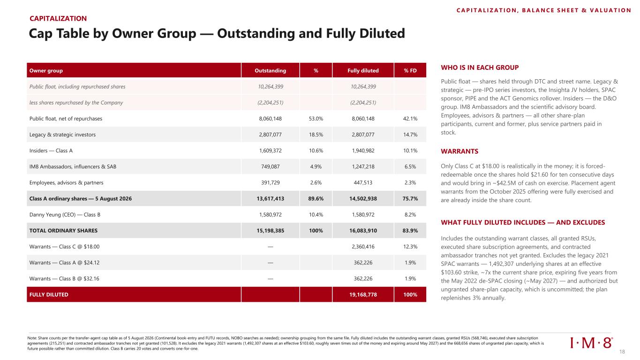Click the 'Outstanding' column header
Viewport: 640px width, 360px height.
click(x=270, y=71)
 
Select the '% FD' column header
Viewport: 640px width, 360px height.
click(x=410, y=71)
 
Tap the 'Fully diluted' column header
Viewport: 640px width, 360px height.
click(x=363, y=71)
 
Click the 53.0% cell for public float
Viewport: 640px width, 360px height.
click(x=316, y=119)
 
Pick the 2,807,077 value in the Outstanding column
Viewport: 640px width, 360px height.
click(x=270, y=135)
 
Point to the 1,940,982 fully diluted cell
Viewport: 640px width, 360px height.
click(x=363, y=150)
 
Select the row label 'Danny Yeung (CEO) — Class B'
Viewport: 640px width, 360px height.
click(x=65, y=215)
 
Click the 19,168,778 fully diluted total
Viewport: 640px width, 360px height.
click(x=363, y=294)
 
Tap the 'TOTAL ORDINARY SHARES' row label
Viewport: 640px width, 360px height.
click(x=63, y=231)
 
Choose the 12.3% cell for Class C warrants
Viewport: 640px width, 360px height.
click(x=410, y=247)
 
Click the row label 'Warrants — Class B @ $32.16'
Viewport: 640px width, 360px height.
click(x=64, y=278)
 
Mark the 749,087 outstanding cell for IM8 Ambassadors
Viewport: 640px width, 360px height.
click(x=270, y=166)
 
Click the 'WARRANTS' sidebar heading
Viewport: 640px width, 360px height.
click(x=459, y=151)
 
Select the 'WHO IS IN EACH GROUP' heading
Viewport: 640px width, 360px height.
click(x=480, y=67)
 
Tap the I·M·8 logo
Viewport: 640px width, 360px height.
click(x=591, y=343)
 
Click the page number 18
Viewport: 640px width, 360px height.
click(x=622, y=352)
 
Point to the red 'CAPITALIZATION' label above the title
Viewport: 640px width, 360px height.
click(x=58, y=19)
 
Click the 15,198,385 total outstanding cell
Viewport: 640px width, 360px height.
click(x=270, y=231)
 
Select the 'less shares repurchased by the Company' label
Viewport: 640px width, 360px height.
click(x=76, y=103)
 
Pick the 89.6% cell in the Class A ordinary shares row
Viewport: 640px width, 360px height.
click(x=316, y=199)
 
